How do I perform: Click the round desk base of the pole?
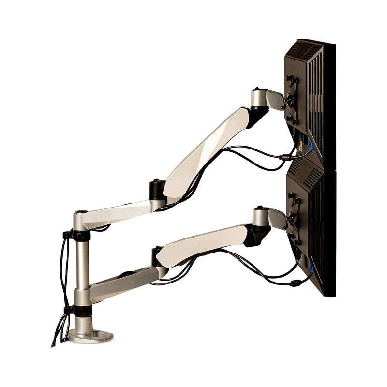click(90, 335)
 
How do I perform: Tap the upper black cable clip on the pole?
click(77, 236)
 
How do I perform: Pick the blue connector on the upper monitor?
click(310, 145)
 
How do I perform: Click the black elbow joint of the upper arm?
click(157, 189)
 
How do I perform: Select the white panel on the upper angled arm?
click(208, 150)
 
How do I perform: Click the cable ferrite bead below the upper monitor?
click(285, 157)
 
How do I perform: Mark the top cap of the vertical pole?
click(80, 213)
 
